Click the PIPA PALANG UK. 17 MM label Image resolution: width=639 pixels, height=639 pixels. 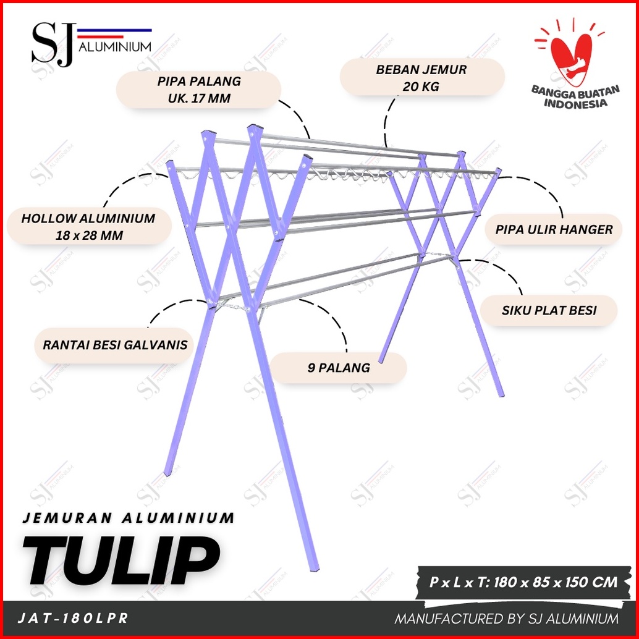[x=199, y=90]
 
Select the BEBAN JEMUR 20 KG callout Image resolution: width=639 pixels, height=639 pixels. [x=421, y=78]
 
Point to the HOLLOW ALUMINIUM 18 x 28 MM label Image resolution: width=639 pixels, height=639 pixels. [x=88, y=227]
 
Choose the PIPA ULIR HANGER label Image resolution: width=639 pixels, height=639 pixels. [x=554, y=229]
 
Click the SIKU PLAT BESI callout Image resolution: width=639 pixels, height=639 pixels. [x=549, y=310]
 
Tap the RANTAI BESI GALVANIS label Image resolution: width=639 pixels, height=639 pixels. [x=114, y=345]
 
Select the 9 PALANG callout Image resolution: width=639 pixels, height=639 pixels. [x=338, y=368]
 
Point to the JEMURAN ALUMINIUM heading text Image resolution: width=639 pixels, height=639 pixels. [x=129, y=518]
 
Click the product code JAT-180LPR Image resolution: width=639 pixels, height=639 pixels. [x=73, y=618]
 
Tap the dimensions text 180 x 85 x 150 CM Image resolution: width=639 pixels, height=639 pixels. [x=556, y=582]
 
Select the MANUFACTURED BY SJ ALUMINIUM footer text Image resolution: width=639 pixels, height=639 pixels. [x=506, y=619]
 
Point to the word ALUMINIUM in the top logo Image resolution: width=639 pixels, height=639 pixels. [x=115, y=47]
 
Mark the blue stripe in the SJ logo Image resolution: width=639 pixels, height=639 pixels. [x=114, y=30]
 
